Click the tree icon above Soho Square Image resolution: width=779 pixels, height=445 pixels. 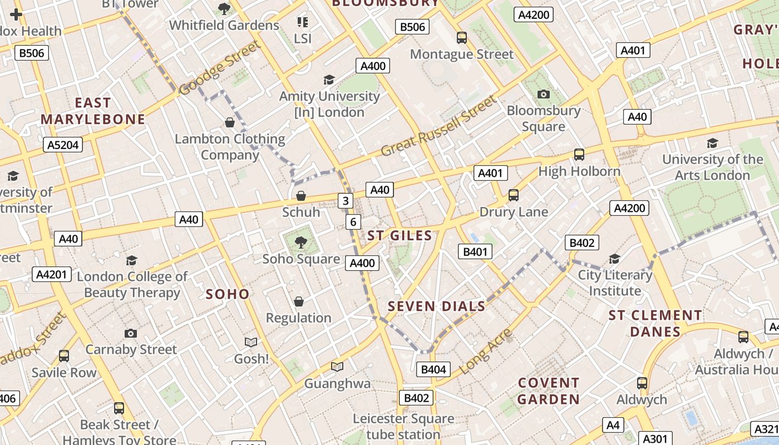pos(301,242)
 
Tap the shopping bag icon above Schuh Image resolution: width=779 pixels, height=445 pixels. pos(301,195)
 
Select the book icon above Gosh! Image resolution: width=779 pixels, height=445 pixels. pos(251,342)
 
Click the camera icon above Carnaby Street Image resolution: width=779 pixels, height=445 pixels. pos(131,333)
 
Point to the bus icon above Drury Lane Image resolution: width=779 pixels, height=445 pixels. pos(514,195)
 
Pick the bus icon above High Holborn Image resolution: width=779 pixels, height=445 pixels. pos(579,154)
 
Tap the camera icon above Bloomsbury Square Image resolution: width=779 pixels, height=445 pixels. pos(544,94)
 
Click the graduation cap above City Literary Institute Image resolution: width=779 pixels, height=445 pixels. pos(614,258)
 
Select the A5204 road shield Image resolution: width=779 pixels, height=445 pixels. pos(63,145)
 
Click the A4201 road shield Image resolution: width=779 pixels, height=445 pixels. pos(52,274)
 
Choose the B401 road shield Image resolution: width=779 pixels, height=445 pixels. pos(475,251)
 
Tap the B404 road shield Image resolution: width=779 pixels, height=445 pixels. pos(433,369)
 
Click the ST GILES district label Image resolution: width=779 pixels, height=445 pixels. pos(400,236)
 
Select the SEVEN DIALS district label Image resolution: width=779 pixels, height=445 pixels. pos(436,306)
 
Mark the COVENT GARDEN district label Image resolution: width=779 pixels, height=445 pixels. pos(549,391)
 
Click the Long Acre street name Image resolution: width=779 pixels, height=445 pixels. pos(486,350)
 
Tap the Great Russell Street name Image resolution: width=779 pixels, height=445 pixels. pos(438,126)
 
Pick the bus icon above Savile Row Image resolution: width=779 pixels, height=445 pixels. pos(64,356)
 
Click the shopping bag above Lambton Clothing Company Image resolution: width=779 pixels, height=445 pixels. pos(229,122)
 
